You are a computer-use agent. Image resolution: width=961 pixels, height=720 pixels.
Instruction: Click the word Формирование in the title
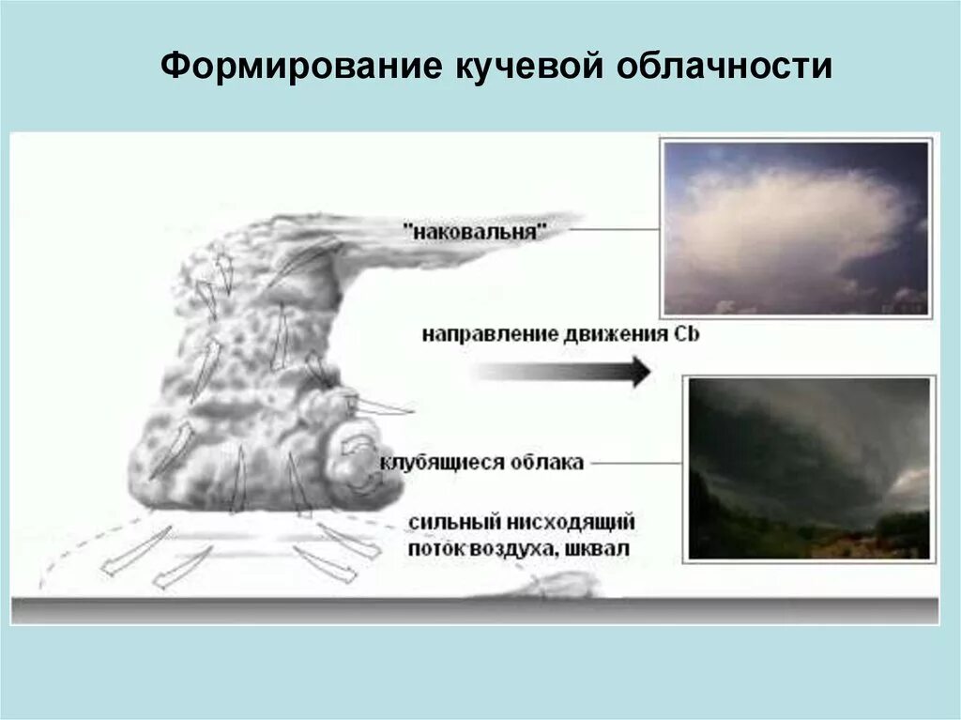(300, 67)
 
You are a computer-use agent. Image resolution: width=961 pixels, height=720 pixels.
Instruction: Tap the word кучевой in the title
(528, 67)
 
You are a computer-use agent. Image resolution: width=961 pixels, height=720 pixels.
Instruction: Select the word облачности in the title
(724, 67)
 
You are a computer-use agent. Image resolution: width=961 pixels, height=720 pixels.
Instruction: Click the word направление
(489, 334)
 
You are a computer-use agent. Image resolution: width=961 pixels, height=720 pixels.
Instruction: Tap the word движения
(615, 334)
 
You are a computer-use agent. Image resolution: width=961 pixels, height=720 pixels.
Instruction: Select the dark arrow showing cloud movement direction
(563, 371)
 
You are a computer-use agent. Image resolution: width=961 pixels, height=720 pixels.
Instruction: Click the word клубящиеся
(432, 463)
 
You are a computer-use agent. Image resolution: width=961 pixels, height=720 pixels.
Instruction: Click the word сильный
(451, 523)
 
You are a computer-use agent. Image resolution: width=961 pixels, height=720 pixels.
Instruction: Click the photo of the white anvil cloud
(796, 228)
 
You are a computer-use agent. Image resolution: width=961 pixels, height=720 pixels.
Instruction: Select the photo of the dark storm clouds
(809, 468)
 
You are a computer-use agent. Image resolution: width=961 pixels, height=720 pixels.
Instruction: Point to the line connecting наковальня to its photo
(614, 229)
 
